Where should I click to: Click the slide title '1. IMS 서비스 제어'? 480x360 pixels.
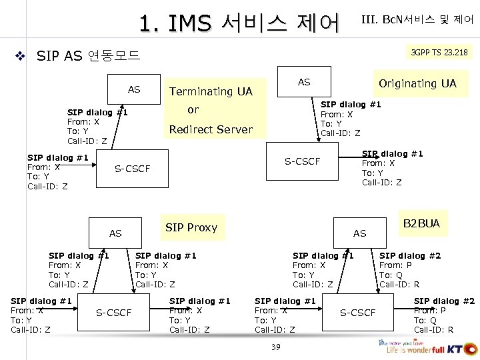click(239, 23)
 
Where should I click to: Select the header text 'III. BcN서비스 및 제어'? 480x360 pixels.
click(417, 20)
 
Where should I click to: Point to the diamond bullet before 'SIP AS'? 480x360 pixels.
click(21, 57)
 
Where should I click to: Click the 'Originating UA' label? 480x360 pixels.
click(417, 83)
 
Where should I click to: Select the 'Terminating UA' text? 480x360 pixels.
click(211, 91)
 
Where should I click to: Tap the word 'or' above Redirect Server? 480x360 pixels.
click(193, 109)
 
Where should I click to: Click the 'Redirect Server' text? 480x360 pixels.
click(211, 129)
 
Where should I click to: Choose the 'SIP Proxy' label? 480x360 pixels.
click(191, 227)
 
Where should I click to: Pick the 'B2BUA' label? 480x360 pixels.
click(421, 223)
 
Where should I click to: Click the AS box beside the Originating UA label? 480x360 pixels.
click(304, 82)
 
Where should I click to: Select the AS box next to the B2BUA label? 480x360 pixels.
click(359, 233)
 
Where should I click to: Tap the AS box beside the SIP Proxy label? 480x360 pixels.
click(115, 233)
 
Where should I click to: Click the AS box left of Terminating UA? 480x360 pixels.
click(134, 89)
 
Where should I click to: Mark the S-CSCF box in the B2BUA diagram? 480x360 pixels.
click(358, 313)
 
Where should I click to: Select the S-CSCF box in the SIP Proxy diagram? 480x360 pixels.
click(114, 313)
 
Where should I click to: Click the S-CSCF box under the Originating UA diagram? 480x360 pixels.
click(302, 161)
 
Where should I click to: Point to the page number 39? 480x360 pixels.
click(275, 347)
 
